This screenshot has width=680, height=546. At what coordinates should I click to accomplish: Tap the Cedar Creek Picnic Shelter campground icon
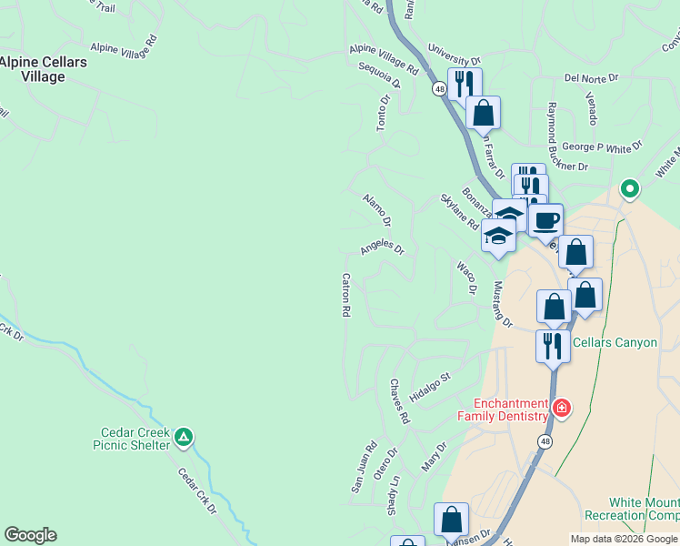tap(184, 438)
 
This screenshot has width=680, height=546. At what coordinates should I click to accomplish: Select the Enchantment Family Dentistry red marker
tap(562, 408)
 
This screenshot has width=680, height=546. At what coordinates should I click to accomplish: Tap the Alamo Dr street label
tap(376, 209)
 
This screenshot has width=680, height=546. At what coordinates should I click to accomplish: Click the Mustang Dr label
tap(503, 304)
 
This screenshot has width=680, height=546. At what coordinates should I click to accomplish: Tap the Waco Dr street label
tap(466, 278)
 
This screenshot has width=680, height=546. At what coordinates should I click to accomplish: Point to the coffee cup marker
tap(545, 219)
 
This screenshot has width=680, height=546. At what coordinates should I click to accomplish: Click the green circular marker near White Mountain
tap(629, 189)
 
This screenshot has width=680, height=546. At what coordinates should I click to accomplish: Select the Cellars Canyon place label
tap(615, 342)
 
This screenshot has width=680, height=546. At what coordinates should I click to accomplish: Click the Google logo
tap(30, 535)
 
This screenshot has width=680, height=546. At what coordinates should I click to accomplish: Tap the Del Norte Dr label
tap(591, 78)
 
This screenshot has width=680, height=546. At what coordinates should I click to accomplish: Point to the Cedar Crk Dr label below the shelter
tap(196, 491)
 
